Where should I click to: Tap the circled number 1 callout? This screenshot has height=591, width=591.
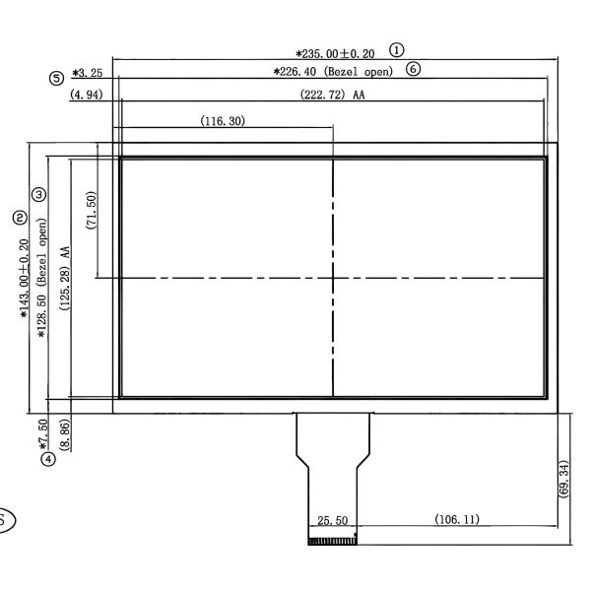[x=397, y=48]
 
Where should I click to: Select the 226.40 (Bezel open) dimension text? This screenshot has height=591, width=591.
[x=333, y=72]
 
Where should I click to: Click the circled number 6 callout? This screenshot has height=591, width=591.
[x=413, y=69]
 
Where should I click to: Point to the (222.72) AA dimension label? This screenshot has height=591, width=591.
[x=333, y=96]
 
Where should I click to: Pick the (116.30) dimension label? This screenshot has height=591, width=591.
[x=223, y=121]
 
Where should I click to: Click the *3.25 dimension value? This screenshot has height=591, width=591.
[x=88, y=73]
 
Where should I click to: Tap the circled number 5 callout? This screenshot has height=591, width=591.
[x=56, y=78]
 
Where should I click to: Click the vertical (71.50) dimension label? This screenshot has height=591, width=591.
[x=91, y=211]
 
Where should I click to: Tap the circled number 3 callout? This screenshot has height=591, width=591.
[x=38, y=195]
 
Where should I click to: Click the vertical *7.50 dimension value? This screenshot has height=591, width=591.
[x=42, y=433]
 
